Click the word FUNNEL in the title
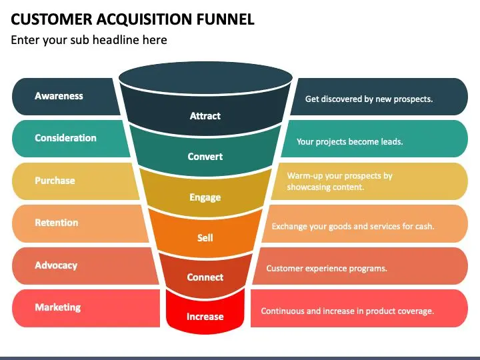[x=225, y=19]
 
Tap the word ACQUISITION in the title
[x=145, y=19]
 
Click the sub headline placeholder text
[x=89, y=40]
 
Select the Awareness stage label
[x=59, y=96]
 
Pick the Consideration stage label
[x=65, y=138]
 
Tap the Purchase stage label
[x=55, y=180]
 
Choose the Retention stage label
[x=56, y=223]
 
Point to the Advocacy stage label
[x=56, y=265]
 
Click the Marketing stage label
[x=58, y=307]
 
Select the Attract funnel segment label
[x=205, y=116]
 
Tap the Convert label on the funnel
[x=205, y=157]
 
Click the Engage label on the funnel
[x=205, y=197]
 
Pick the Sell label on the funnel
[x=205, y=237]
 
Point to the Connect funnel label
[x=205, y=277]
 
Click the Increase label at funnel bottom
[x=205, y=316]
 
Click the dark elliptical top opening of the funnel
[x=206, y=78]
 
